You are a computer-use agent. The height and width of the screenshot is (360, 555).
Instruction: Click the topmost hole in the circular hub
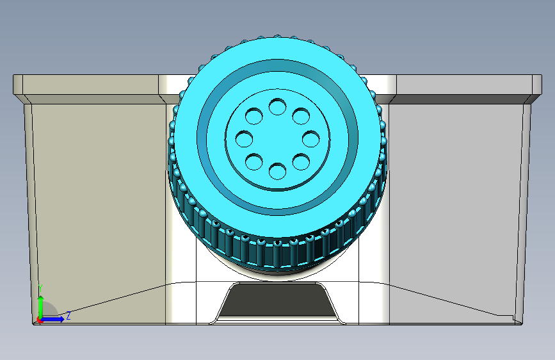coord(278,106)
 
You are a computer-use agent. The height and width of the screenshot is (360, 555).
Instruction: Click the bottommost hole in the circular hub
coord(278,171)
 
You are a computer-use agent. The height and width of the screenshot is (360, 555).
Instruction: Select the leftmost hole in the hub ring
coord(245,139)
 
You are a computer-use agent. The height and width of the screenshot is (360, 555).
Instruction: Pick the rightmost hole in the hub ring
coord(310,139)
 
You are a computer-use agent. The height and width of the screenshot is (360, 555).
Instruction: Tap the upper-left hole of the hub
coord(254,116)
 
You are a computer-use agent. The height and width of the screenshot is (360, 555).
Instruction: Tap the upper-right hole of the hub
coord(302,116)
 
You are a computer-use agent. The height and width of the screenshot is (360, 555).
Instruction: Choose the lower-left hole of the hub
coord(254,161)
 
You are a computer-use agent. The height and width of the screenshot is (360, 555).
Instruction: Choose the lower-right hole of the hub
coord(302,161)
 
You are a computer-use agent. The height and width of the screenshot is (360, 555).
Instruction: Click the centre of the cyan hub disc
coord(278,139)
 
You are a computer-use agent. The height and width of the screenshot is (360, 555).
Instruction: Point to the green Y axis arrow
coord(41,306)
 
